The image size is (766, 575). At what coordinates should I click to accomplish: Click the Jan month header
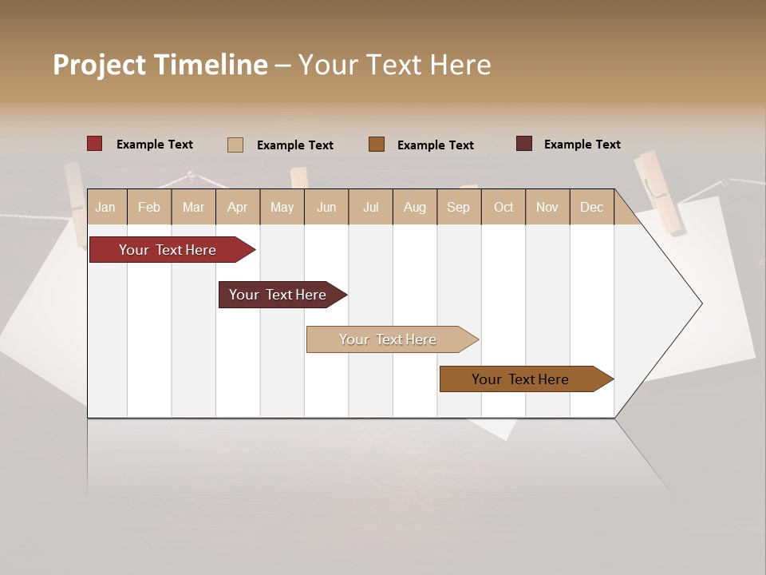(105, 207)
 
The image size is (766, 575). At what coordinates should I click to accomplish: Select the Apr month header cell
(237, 207)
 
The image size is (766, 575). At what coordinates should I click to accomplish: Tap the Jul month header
(370, 207)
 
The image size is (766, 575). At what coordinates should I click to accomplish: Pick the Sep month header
(458, 207)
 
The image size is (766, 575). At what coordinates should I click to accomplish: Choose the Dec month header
(591, 207)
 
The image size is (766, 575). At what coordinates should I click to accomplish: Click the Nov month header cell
(547, 207)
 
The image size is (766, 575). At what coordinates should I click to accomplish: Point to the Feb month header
(149, 207)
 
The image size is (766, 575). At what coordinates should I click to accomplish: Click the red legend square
(95, 144)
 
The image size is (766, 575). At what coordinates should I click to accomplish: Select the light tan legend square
(235, 145)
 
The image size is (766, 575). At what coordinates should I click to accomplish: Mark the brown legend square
(377, 145)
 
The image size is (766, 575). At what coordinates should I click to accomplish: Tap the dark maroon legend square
(524, 144)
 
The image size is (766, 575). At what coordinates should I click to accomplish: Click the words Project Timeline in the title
(160, 65)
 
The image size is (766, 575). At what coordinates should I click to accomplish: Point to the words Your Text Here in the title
(394, 65)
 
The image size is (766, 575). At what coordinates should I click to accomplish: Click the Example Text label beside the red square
(155, 145)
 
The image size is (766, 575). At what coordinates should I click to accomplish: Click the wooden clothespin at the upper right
(661, 193)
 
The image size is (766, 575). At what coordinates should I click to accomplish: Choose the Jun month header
(326, 207)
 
